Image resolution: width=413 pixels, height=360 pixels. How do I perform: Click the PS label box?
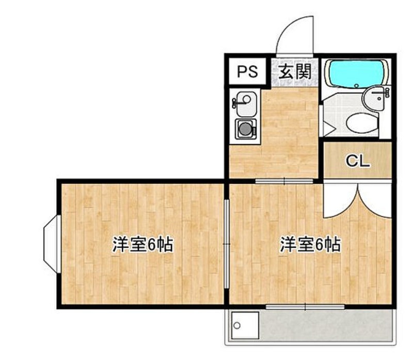pyautogui.click(x=247, y=72)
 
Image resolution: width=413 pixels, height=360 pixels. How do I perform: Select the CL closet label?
pyautogui.click(x=357, y=161)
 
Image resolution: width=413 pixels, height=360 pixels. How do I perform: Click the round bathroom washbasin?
pyautogui.click(x=376, y=98)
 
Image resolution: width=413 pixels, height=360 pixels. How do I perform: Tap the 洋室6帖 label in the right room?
pyautogui.click(x=310, y=245)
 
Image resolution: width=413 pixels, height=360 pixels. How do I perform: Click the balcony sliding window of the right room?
pyautogui.click(x=305, y=307)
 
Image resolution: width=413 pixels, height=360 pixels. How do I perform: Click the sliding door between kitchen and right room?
pyautogui.click(x=284, y=181)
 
